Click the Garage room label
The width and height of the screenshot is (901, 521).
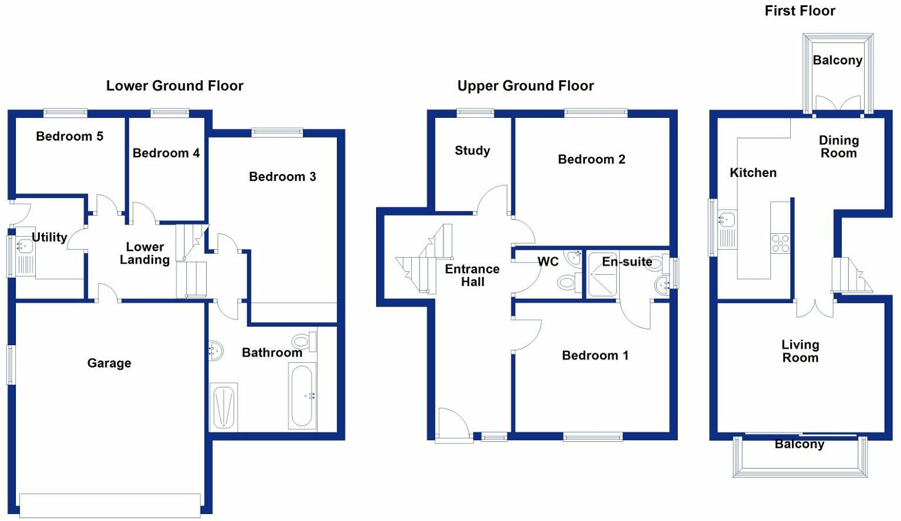click(109, 363)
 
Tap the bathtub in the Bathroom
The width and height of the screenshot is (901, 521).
click(302, 396)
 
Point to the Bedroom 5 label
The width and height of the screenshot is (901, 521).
click(69, 137)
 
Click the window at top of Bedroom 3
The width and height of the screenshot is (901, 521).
click(277, 132)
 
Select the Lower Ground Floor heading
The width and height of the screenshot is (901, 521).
click(175, 86)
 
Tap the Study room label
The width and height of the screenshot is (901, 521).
click(472, 151)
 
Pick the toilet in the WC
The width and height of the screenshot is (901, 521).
click(566, 283)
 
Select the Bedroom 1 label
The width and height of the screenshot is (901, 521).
click(595, 356)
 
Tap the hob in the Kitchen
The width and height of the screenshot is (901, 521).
click(780, 243)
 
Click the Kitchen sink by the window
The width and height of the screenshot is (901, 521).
click(726, 220)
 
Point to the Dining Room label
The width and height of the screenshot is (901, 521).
click(838, 147)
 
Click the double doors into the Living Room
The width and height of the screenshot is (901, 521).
click(815, 308)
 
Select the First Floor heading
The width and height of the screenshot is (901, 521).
click(800, 11)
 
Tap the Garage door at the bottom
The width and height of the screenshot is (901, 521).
click(110, 505)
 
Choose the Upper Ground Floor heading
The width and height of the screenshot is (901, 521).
click(525, 86)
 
